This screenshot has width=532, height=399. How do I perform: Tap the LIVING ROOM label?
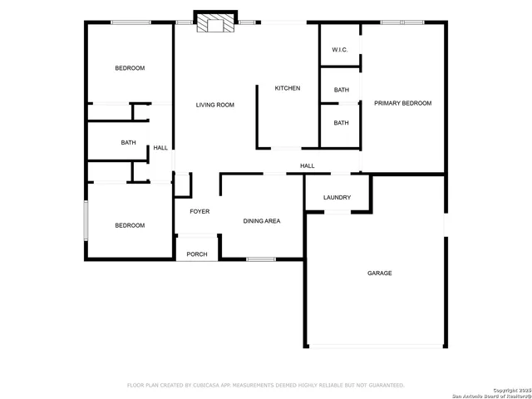tap(214, 105)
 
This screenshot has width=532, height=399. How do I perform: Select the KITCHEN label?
tap(288, 88)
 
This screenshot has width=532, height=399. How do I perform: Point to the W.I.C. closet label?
tap(339, 50)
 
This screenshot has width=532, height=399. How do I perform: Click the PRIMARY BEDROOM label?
tap(402, 103)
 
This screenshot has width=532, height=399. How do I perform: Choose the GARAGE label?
tap(380, 273)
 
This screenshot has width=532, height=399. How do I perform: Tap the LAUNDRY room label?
tap(337, 198)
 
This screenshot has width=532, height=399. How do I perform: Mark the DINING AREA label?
tap(261, 221)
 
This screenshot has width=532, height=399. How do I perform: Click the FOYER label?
tap(199, 211)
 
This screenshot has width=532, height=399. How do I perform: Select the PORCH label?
tap(197, 254)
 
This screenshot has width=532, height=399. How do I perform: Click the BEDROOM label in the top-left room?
tap(130, 68)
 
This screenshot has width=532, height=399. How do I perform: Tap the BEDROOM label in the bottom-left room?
tap(130, 225)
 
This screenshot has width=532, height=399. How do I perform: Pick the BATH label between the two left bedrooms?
tap(128, 142)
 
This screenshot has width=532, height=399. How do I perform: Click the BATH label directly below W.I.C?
tap(341, 90)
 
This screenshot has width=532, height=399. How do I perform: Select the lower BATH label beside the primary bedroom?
tap(341, 123)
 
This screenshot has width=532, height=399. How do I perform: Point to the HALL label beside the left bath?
tap(160, 148)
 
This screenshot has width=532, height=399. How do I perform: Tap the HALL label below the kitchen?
tap(307, 166)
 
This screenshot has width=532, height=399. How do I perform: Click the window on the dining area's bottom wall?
tap(261, 259)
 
